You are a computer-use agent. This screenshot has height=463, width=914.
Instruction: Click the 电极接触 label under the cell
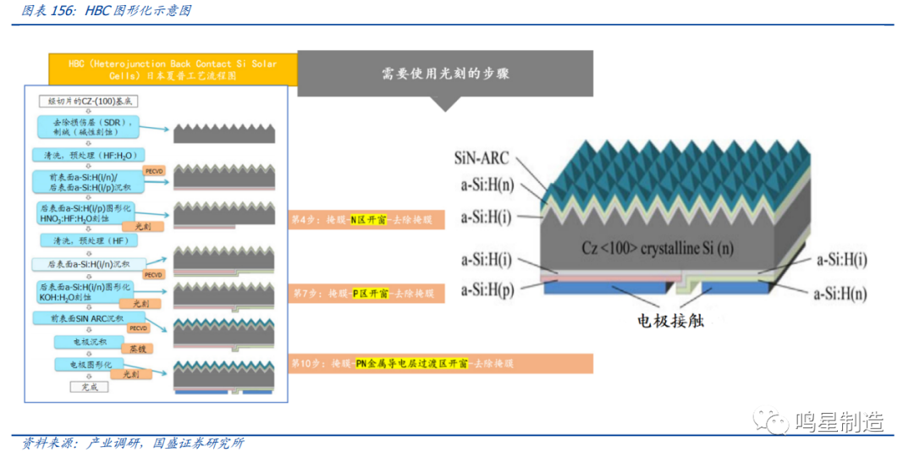click(670, 321)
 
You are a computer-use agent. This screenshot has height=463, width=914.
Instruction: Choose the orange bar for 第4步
click(361, 219)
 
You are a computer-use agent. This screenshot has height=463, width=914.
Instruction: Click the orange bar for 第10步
click(401, 363)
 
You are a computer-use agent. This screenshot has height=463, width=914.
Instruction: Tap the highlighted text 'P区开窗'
click(370, 293)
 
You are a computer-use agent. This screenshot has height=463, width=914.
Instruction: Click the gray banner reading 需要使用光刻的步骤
click(444, 74)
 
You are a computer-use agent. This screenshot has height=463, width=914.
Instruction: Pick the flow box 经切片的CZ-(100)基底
click(87, 102)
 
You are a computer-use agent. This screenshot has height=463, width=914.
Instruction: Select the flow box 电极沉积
click(81, 342)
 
